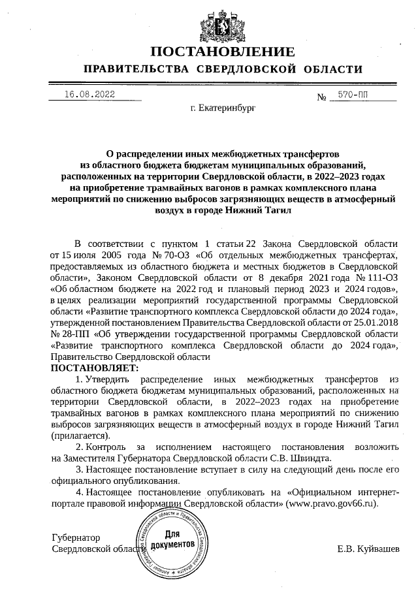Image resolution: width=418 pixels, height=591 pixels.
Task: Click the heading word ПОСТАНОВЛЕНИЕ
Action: (x=223, y=52)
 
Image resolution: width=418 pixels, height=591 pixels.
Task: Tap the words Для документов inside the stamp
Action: (x=172, y=539)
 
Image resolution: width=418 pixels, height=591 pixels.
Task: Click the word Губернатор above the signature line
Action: (x=76, y=537)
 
